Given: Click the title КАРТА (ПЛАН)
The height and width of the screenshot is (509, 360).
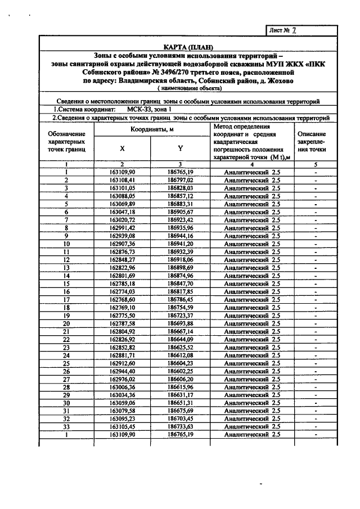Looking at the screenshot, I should click(189, 46).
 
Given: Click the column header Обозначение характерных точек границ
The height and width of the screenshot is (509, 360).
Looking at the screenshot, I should click(66, 142).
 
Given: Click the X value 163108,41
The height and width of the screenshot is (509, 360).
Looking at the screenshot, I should click(122, 180).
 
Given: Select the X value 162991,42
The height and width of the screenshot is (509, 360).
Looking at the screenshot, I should click(122, 228).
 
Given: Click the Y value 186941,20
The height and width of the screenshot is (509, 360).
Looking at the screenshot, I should click(181, 244).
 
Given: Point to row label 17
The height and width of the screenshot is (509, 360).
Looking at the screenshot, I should click(66, 300).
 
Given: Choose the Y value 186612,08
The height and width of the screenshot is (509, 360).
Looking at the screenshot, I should click(181, 355).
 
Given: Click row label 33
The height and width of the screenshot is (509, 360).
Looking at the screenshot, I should click(66, 427).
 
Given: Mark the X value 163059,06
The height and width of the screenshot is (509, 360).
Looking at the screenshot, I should click(122, 403).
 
